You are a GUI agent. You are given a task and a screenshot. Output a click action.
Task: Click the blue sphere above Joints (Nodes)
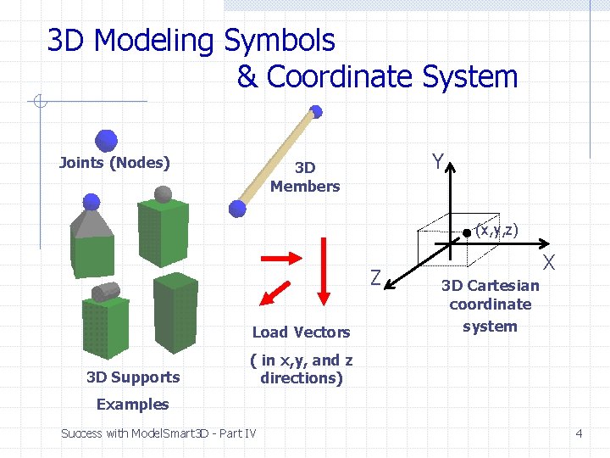107,139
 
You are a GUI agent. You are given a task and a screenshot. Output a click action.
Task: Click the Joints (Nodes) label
114,163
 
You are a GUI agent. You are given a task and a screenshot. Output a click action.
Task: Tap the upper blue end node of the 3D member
316,110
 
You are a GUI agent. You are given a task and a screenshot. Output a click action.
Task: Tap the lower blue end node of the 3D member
238,208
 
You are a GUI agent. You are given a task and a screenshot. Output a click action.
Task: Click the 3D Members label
305,177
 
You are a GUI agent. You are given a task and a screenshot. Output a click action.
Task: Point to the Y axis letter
436,161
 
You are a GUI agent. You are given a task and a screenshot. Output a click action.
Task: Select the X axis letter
549,262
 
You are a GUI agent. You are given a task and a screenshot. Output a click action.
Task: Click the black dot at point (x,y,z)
466,231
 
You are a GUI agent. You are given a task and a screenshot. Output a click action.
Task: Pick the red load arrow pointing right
281,256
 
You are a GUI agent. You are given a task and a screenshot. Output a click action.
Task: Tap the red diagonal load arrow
273,291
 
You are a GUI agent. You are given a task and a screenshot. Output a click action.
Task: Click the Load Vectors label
301,332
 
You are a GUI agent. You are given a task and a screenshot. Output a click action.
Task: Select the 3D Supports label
133,377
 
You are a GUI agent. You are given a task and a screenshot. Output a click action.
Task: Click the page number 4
579,433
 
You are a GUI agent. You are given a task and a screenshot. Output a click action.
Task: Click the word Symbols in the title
280,40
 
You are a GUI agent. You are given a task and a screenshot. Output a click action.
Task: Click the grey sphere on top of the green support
165,194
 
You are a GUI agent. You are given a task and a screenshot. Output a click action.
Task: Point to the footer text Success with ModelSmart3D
158,433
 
